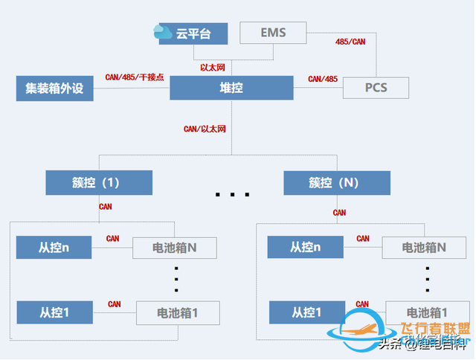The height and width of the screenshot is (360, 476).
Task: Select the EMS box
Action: (x=273, y=33)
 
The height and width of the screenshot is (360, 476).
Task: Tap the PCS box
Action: (x=376, y=88)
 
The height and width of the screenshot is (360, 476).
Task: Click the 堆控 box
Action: (x=231, y=88)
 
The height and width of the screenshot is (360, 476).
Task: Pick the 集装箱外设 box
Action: (x=54, y=88)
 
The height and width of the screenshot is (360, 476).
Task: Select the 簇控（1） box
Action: (x=99, y=182)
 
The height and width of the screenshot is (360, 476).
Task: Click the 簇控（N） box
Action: (x=337, y=182)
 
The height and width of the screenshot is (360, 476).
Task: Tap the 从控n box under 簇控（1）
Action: (x=54, y=246)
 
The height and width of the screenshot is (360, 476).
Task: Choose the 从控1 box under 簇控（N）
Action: (x=305, y=312)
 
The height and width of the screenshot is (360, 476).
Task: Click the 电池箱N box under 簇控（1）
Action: (x=175, y=247)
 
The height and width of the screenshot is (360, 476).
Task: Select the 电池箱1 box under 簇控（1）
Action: (x=178, y=312)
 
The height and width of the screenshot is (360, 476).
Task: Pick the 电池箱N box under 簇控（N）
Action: (x=424, y=247)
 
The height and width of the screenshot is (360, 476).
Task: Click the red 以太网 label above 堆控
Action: (x=213, y=68)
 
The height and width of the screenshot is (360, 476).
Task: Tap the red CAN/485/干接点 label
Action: (x=135, y=76)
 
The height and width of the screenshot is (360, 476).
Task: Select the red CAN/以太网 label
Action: (x=205, y=129)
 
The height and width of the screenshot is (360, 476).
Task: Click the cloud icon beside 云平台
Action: (x=163, y=32)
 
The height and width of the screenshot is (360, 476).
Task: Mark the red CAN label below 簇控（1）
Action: (x=106, y=207)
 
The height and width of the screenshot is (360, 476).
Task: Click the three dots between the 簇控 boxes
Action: (x=232, y=195)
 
